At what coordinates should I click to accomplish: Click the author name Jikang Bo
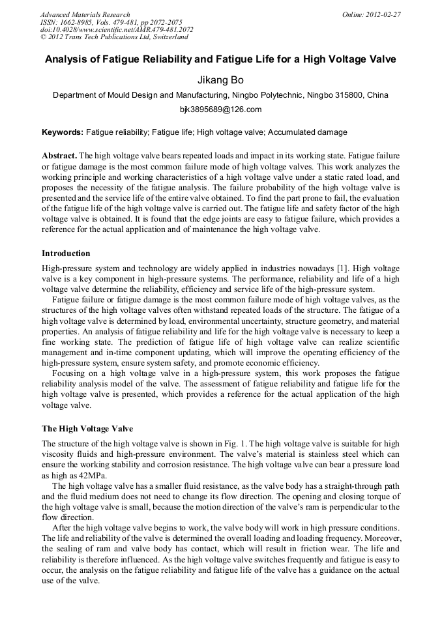220,80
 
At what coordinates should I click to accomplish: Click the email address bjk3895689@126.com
220,109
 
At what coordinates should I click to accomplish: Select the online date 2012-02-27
383,14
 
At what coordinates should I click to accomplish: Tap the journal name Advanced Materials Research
85,14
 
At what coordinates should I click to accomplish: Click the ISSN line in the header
111,22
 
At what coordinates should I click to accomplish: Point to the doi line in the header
117,29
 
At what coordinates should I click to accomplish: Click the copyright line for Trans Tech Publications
114,37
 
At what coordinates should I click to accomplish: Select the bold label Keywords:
63,132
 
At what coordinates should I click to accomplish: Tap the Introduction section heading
66,254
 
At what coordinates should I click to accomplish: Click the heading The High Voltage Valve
87,429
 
